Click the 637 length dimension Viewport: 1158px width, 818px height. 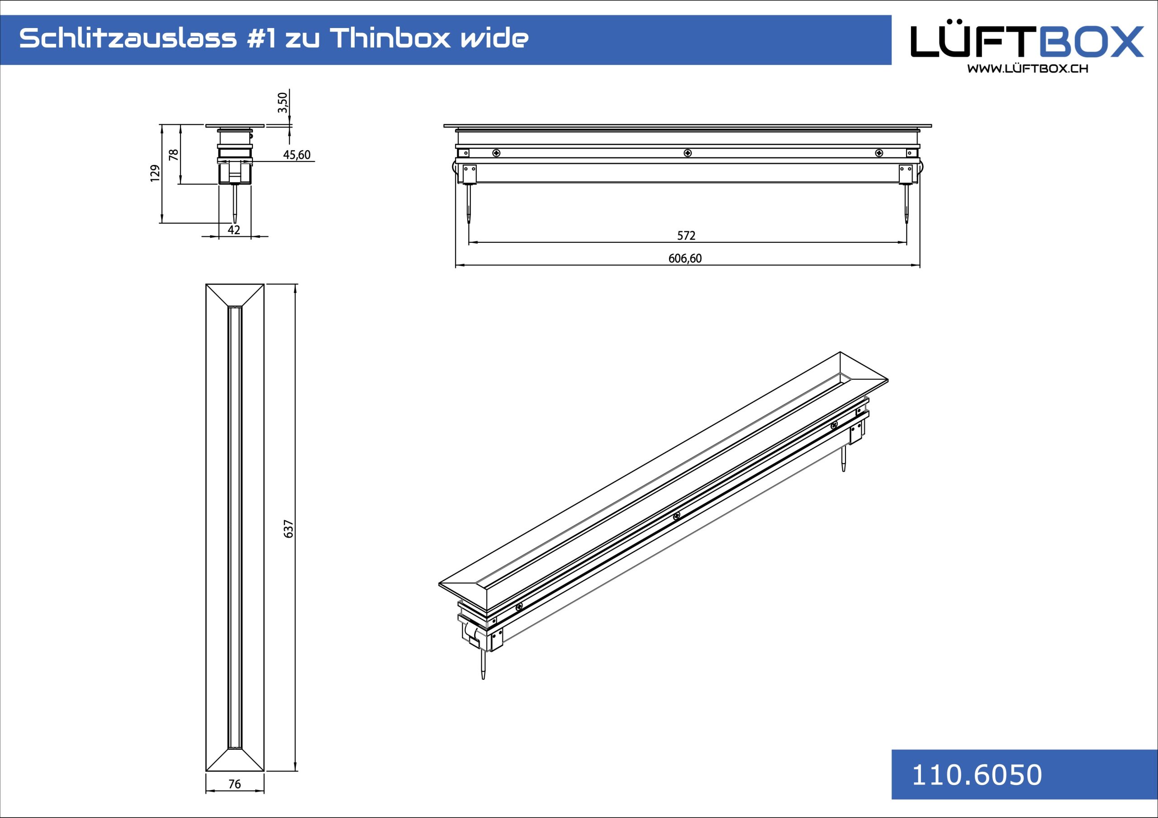tap(289, 529)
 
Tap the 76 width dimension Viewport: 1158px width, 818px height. tap(234, 784)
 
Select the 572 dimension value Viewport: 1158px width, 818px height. tap(686, 235)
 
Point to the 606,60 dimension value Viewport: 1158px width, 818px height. tap(685, 259)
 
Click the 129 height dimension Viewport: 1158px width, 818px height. tap(155, 173)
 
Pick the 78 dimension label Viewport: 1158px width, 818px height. tap(174, 154)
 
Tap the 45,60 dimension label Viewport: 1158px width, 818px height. tap(297, 155)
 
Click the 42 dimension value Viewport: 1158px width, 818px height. tap(234, 230)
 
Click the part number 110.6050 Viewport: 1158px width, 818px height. tap(977, 775)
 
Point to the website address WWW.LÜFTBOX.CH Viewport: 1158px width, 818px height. tap(1027, 69)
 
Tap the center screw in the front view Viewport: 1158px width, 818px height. tap(688, 153)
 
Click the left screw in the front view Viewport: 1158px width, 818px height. tap(496, 153)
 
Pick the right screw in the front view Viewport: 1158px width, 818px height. tap(879, 153)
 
